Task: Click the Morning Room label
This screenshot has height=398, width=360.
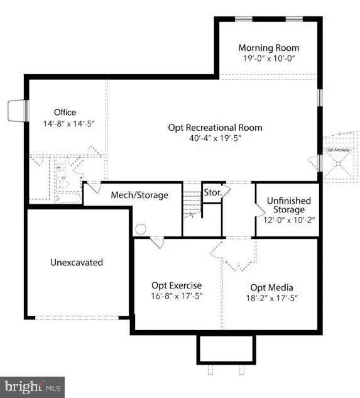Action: [x=269, y=48]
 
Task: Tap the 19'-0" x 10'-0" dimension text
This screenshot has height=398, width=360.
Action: [x=269, y=58]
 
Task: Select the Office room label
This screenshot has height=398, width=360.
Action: [x=65, y=113]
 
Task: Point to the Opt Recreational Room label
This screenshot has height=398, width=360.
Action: [x=215, y=128]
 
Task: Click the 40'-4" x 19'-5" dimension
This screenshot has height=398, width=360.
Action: [x=215, y=138]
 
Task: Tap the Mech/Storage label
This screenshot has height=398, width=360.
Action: [x=139, y=195]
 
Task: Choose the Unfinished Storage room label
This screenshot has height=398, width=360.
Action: [x=286, y=204]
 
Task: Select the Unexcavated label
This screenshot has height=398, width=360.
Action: [x=77, y=262]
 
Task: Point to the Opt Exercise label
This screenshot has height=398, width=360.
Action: [x=177, y=285]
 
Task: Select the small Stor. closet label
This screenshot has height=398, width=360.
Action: [x=211, y=192]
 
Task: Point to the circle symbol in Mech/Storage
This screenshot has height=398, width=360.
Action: [x=141, y=229]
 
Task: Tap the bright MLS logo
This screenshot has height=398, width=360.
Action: [x=32, y=385]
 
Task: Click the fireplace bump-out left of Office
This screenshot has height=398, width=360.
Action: [x=16, y=112]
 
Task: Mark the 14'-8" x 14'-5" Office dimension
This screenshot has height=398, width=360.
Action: [x=65, y=124]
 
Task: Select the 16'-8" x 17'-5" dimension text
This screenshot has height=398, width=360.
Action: [x=177, y=296]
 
